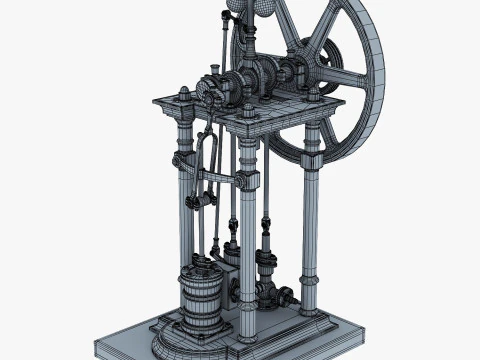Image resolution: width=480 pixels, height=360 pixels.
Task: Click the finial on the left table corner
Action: click(x=185, y=94)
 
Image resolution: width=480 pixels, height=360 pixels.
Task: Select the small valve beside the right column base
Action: click(x=285, y=296)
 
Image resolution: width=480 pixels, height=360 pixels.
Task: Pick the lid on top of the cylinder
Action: click(x=203, y=271)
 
